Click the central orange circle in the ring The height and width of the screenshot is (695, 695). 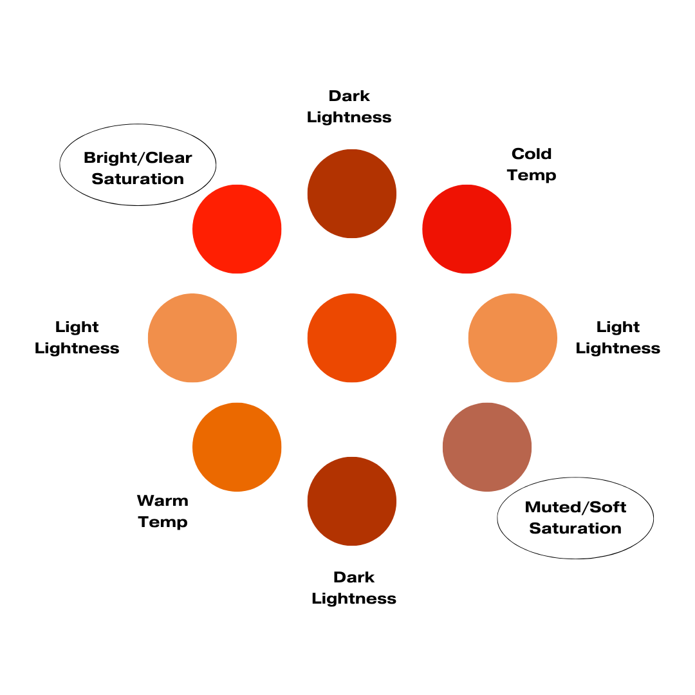352,338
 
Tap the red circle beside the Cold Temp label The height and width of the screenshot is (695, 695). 467,229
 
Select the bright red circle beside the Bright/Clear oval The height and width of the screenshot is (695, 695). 237,229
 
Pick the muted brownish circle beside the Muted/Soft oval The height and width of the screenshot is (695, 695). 487,447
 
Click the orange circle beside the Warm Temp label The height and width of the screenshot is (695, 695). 237,447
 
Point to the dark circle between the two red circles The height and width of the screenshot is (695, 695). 352,194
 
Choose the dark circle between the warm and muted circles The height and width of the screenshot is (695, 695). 352,501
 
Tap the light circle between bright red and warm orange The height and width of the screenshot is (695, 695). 192,338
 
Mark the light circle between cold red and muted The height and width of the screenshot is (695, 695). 512,338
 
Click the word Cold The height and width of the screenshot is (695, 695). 532,154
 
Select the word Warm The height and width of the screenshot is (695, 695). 162,500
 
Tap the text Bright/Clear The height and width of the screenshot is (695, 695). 138,158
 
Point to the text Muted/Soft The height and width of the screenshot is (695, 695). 575,507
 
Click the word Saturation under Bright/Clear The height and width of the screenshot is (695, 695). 138,179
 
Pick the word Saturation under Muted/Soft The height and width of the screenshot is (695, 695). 575,528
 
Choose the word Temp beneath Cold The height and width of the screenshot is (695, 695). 532,175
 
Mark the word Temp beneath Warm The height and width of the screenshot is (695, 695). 162,522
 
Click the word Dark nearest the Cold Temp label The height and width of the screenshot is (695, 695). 349,96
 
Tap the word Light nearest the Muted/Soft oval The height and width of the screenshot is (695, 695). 618,327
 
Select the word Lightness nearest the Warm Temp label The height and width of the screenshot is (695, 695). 77,348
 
